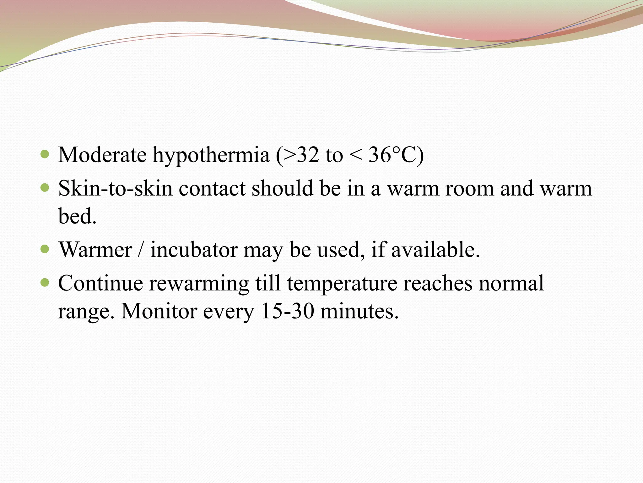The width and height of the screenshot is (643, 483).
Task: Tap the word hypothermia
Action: click(x=211, y=156)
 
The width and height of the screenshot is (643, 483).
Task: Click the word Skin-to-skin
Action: click(x=115, y=188)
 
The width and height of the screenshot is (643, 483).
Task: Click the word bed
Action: click(x=77, y=216)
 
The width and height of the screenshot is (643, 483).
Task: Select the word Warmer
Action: click(x=95, y=250)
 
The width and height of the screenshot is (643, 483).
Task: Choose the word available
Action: click(x=435, y=250)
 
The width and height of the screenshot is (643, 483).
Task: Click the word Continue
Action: click(x=100, y=283)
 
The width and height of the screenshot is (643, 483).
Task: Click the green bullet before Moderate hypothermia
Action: click(x=45, y=154)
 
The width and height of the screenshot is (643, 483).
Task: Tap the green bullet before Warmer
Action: click(x=45, y=250)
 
